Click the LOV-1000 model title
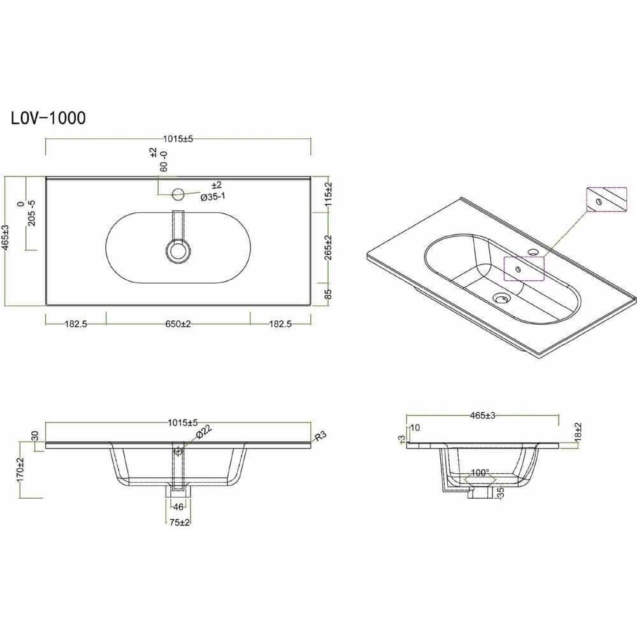[x=48, y=118]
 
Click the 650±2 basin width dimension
[x=178, y=324]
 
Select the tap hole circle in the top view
[x=178, y=194]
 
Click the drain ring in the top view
[x=178, y=250]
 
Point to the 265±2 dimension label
[x=329, y=247]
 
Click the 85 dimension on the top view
[x=329, y=294]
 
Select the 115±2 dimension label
[x=329, y=194]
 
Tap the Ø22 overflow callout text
[x=204, y=431]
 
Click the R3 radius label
[x=320, y=436]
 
